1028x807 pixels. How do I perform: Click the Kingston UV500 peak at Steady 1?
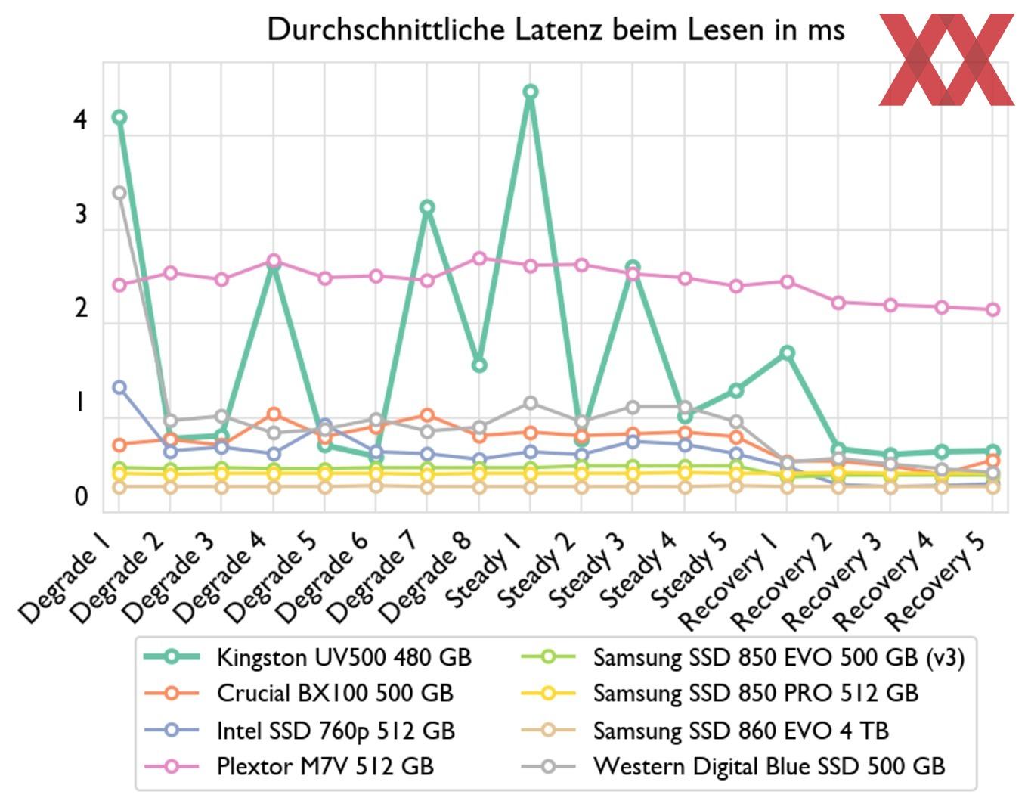point(531,92)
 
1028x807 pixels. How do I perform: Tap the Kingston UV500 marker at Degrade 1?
point(119,117)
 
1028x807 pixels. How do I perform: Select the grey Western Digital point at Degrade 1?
point(119,193)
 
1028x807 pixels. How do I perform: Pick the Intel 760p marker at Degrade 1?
point(119,387)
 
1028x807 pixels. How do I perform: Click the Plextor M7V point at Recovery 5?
point(993,309)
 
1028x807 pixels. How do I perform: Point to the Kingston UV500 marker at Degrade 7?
point(427,207)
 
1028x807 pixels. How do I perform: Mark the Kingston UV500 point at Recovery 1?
point(787,352)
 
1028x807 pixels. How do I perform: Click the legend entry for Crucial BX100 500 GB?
point(335,693)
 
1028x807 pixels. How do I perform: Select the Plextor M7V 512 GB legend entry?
point(325,766)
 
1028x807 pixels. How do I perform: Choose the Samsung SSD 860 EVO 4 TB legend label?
point(741,731)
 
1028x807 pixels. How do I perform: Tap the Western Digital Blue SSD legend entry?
point(769,766)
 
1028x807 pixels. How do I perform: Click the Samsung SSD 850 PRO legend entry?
point(755,693)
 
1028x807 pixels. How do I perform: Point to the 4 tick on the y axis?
point(81,119)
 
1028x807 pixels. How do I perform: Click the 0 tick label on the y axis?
point(81,497)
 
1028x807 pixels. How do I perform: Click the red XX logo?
point(946,59)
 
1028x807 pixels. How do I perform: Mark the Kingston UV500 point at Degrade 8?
point(478,365)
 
